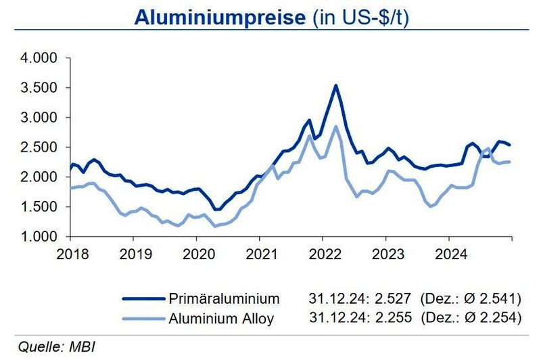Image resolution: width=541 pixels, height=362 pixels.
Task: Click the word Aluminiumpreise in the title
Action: [219, 17]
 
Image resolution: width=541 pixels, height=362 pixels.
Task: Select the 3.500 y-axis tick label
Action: [39, 88]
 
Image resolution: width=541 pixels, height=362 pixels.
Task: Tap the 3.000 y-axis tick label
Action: [39, 118]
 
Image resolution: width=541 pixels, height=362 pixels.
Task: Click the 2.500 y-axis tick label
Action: [39, 148]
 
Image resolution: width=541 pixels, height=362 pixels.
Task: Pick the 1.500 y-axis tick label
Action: [39, 207]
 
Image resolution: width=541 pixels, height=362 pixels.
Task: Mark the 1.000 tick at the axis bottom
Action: [39, 237]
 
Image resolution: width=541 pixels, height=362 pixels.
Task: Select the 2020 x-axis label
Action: [196, 255]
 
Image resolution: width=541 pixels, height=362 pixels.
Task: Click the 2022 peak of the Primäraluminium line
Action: [335, 85]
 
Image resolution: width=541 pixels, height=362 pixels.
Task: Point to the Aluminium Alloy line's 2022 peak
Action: [335, 127]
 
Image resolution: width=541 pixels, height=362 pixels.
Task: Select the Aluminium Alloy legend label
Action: [221, 319]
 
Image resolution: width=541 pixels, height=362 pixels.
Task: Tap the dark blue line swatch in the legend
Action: [143, 298]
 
